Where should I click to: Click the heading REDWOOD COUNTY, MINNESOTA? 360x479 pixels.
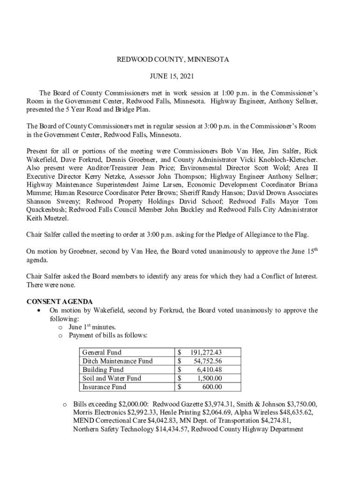click(x=173, y=60)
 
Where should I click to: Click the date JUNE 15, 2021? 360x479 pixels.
click(x=172, y=76)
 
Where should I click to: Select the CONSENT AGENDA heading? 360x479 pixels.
click(x=59, y=302)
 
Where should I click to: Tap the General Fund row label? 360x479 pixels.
click(x=101, y=353)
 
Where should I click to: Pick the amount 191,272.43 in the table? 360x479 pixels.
click(x=206, y=353)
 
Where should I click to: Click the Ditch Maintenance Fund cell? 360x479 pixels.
click(x=117, y=361)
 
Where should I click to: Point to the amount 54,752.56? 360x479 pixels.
click(x=208, y=361)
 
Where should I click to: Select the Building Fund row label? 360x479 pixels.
click(x=103, y=370)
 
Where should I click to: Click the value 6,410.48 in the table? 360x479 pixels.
click(x=209, y=370)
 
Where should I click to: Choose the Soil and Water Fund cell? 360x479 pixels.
click(x=112, y=378)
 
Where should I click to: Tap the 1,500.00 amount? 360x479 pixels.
click(x=209, y=378)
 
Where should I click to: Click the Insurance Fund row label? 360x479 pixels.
click(x=104, y=387)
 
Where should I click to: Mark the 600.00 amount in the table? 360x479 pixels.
click(x=212, y=387)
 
